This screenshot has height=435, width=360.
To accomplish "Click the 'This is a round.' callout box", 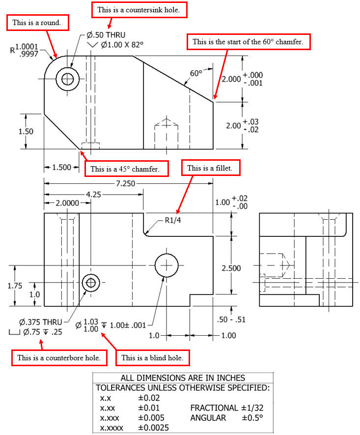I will (37, 22).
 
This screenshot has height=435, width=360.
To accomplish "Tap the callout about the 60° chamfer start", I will (249, 42).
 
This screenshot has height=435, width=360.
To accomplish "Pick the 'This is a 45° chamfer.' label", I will (126, 169).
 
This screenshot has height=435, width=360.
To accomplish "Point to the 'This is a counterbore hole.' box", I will (58, 357).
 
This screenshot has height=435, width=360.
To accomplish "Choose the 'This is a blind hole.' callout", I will (152, 357).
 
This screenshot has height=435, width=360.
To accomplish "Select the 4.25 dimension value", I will (93, 194).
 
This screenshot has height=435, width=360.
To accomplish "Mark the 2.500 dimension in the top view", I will (231, 268).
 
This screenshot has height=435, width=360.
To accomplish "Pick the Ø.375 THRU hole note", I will (41, 322).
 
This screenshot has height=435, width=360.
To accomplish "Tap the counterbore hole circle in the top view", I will (90, 283).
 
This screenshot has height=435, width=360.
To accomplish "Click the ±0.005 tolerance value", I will (151, 418).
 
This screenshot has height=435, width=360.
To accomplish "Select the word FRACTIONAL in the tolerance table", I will (214, 408).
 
